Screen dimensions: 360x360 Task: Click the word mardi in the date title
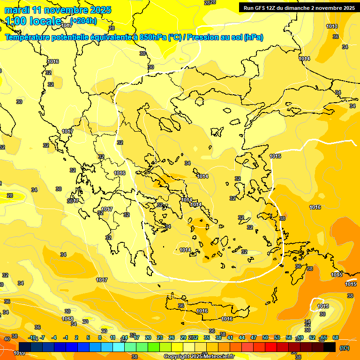click(x=16, y=10)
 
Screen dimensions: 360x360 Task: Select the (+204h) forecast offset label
click(x=83, y=20)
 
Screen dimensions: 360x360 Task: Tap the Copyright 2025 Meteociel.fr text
click(x=199, y=357)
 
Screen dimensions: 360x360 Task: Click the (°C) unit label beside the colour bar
click(x=345, y=348)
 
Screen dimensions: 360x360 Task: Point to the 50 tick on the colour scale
click(x=265, y=337)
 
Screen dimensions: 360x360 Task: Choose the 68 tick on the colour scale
click(x=336, y=337)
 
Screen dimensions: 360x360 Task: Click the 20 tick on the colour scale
click(x=148, y=337)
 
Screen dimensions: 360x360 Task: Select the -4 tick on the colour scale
click(x=54, y=337)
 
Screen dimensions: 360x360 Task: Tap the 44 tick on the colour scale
click(x=242, y=337)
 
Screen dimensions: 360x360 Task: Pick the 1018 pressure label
click(x=67, y=319)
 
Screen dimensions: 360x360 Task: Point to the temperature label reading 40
click(x=7, y=339)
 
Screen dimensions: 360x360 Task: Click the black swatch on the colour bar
click(x=330, y=347)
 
